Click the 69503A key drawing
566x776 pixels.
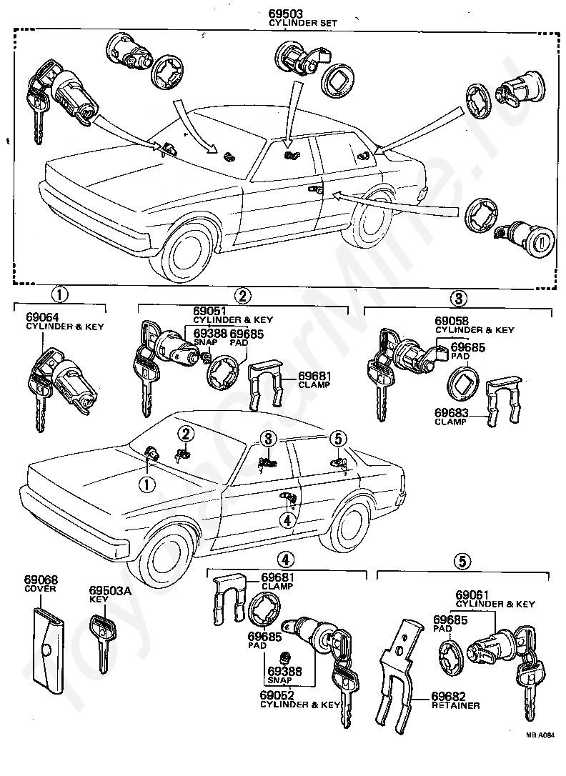(x=101, y=640)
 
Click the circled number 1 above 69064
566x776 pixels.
(x=59, y=294)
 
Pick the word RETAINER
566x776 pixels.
(x=455, y=705)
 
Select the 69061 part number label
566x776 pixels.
(x=472, y=595)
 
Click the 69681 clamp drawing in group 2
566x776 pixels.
(x=267, y=386)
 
